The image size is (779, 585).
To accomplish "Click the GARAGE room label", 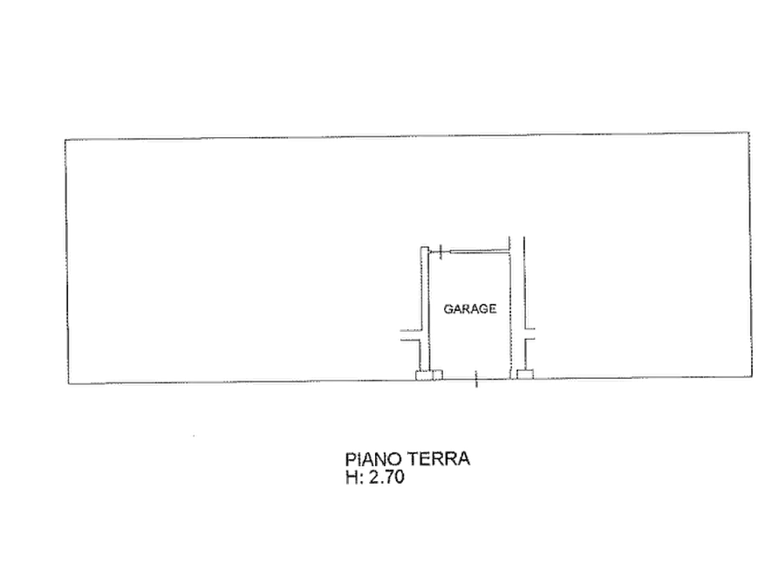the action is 469,309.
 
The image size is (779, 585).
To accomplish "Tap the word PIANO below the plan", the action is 373,458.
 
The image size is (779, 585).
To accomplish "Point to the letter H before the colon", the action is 352,477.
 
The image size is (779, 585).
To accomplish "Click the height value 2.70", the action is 386,477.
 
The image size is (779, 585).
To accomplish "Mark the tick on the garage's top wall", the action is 441,252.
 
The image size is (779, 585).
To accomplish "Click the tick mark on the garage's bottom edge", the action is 476,379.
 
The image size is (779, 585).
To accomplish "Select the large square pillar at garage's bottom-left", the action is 424,375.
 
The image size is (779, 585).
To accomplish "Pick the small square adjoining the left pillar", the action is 438,375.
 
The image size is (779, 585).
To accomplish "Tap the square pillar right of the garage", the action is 524,374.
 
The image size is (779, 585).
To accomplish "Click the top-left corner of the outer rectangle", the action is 65,140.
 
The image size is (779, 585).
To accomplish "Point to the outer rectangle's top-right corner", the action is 749,133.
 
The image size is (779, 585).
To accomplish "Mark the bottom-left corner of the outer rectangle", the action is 68,384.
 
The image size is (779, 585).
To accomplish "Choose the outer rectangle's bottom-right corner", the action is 752,376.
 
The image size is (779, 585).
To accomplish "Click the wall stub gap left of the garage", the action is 410,335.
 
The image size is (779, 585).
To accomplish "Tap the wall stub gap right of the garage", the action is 530,334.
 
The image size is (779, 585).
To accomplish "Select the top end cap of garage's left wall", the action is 425,248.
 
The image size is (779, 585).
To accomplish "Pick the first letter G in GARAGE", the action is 448,309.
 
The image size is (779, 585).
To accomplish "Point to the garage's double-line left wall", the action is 425,308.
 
